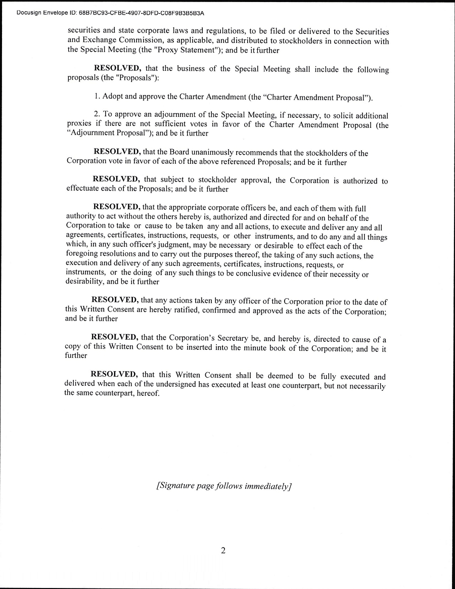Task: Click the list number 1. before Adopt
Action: click(x=98, y=97)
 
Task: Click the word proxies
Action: click(x=80, y=125)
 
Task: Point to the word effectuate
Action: click(x=84, y=190)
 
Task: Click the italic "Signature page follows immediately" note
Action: click(x=224, y=486)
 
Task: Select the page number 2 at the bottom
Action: click(x=223, y=551)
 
